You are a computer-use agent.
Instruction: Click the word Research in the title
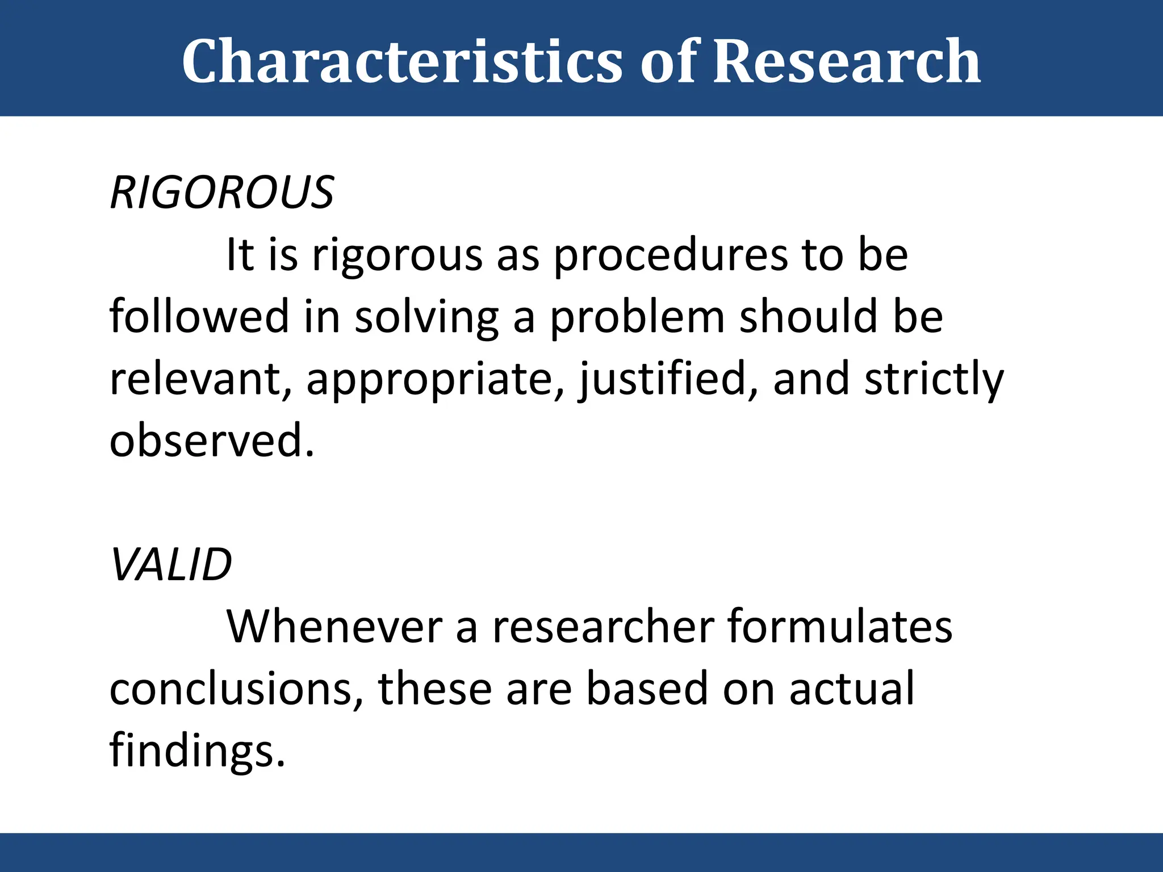click(x=846, y=61)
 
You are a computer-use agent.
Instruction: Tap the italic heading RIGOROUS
click(x=222, y=193)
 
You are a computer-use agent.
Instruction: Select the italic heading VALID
click(x=171, y=565)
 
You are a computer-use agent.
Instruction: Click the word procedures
click(x=670, y=255)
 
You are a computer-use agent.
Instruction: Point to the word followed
click(x=199, y=316)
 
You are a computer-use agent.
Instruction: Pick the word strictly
click(x=934, y=379)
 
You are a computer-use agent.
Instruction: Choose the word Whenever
click(x=334, y=627)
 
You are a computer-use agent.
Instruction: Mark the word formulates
click(x=839, y=627)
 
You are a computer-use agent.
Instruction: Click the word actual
click(x=852, y=689)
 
